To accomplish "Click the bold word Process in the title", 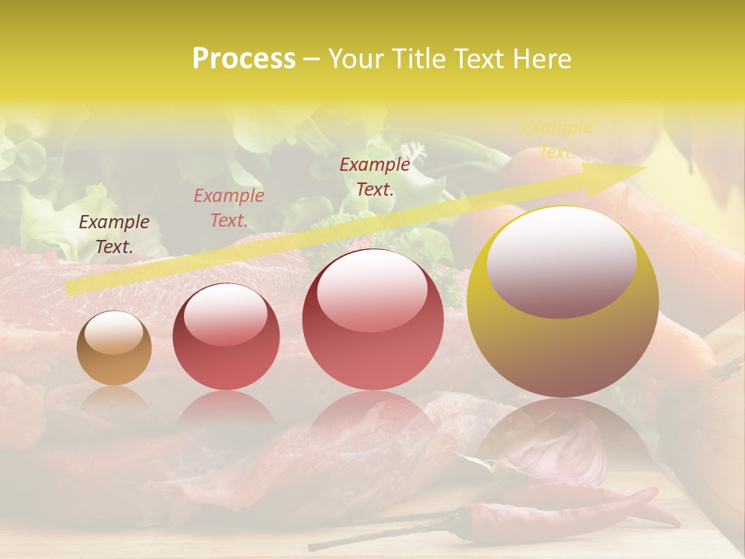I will tap(244, 58).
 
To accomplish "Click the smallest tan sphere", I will tap(114, 348).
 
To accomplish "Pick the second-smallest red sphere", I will tap(226, 336).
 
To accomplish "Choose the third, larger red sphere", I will tap(372, 319).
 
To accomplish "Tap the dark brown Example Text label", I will tap(114, 234).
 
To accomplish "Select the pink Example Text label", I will tap(228, 207).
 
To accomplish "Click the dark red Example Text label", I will tap(375, 176).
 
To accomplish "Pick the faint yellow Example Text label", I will tap(556, 140).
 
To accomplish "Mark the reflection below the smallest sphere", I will tap(114, 400).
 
